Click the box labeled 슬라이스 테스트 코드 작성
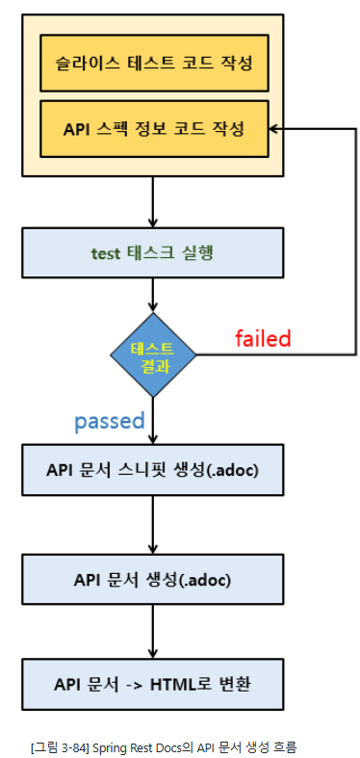[x=153, y=65]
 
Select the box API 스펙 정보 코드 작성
[x=153, y=128]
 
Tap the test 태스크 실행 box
[x=153, y=254]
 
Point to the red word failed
[x=263, y=338]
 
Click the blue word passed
[x=109, y=421]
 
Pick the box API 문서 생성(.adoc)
[x=153, y=580]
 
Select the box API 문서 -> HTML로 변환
[x=153, y=686]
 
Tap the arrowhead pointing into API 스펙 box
[x=274, y=128]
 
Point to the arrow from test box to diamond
[x=154, y=298]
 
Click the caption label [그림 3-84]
[x=58, y=745]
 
